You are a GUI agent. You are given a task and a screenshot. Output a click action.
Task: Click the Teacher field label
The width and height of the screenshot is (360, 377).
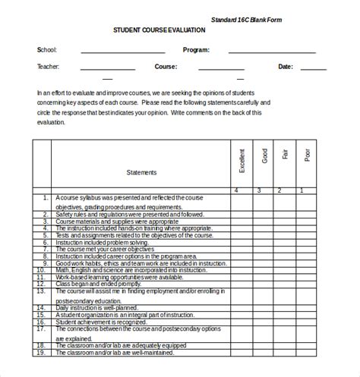pyautogui.click(x=48, y=66)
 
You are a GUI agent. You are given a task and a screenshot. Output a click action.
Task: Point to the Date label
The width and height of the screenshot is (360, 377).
pyautogui.click(x=285, y=66)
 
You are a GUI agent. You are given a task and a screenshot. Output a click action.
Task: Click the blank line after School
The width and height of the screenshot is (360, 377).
pyautogui.click(x=122, y=52)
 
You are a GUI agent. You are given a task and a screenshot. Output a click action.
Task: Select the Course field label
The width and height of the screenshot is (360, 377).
pyautogui.click(x=166, y=66)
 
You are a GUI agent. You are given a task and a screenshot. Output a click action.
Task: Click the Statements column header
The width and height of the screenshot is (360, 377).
pyautogui.click(x=141, y=171)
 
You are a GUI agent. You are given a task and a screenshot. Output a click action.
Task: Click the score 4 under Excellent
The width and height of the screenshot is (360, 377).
pyautogui.click(x=237, y=190)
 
